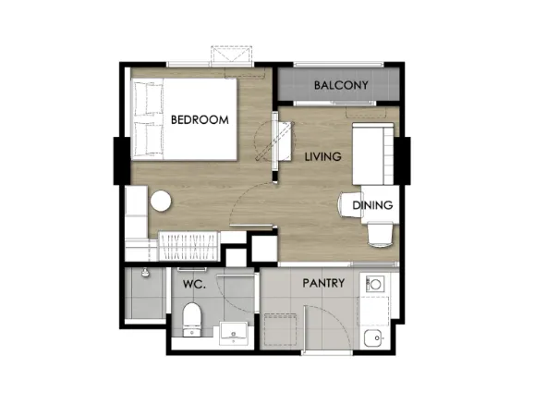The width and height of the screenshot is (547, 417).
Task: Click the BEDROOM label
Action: coord(200,119)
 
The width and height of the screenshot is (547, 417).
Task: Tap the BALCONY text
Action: coord(341,85)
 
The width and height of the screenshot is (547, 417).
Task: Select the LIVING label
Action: coord(323,156)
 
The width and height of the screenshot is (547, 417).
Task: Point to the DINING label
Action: coord(372,205)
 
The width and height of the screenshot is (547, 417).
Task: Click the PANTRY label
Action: coord(323,283)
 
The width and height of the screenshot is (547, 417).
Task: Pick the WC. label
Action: coord(194,285)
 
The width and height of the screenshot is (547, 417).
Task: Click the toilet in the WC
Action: coord(192,320)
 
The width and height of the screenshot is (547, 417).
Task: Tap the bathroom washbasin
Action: coord(234,334)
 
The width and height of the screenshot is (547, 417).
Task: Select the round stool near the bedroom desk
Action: coord(161,201)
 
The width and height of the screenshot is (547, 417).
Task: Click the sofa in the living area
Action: coord(373,153)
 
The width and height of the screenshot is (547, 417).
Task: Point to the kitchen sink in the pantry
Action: coord(373,338)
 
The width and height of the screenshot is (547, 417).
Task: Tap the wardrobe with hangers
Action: coord(188,246)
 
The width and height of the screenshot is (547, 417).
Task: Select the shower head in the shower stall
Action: coord(145,274)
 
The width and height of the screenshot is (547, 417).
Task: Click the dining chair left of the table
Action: coord(350,204)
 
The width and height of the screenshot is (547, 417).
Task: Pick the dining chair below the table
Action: coord(380,235)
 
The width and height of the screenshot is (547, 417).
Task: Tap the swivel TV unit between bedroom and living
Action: coord(282,141)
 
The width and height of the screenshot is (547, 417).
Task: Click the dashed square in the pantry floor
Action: coord(281,330)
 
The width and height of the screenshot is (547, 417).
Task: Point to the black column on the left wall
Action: coord(122,161)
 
